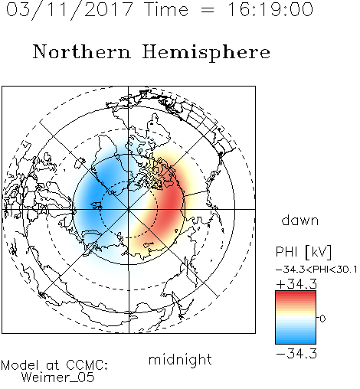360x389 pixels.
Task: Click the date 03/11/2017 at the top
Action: coord(69,10)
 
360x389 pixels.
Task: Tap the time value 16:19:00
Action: coord(270,10)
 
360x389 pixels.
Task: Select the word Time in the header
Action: coord(166,10)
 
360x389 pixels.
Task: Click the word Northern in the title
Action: coord(82,51)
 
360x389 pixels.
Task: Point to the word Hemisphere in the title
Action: coord(206,52)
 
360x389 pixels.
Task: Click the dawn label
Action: coord(300,220)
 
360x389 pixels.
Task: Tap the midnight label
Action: coord(180,359)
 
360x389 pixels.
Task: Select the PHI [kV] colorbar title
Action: coord(303,252)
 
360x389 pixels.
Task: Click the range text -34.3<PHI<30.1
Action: coord(316,270)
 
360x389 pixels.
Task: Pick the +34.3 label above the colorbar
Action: coord(296,284)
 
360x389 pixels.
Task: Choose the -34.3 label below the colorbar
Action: coord(296,354)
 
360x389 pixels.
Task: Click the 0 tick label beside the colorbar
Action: coord(322,319)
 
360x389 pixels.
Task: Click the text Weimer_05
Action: coord(58,378)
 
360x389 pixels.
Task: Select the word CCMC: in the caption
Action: coord(87,365)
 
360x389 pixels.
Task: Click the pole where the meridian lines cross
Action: coord(129,209)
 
